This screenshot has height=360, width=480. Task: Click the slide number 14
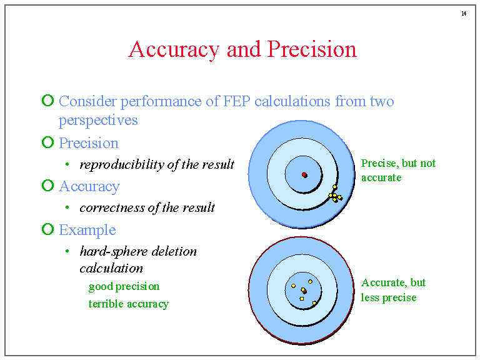(464, 14)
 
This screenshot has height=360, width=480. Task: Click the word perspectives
(98, 120)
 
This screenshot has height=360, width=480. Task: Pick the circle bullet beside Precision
(47, 142)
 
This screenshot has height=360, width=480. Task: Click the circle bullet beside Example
(47, 229)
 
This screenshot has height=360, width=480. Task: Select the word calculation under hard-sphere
(111, 268)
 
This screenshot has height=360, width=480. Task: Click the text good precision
(124, 286)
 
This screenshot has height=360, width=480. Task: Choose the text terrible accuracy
(128, 304)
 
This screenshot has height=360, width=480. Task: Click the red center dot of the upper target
(304, 174)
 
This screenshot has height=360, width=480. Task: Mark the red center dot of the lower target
(303, 290)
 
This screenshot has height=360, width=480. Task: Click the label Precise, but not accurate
(398, 170)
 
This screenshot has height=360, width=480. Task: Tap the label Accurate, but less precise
(393, 290)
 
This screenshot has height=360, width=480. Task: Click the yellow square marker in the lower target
(302, 299)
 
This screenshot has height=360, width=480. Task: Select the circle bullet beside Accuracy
(47, 186)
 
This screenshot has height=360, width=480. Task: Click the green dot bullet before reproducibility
(67, 165)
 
